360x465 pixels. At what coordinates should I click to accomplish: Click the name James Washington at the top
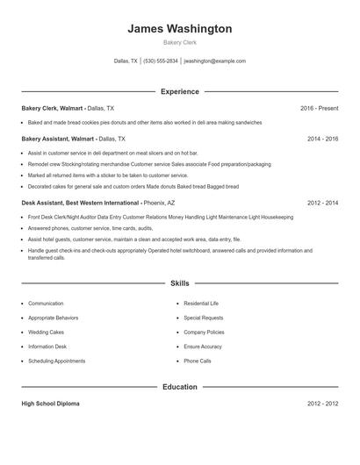coord(180,29)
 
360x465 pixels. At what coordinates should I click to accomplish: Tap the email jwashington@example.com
coord(214,61)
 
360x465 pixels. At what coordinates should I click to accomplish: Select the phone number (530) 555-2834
coord(160,61)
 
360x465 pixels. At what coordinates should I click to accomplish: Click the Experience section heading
coord(180,91)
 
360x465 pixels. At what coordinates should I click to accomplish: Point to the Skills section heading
coord(180,283)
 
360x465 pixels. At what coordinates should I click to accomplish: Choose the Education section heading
coord(180,386)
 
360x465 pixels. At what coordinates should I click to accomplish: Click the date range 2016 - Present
coord(319,108)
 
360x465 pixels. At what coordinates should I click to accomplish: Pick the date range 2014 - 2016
coord(323,139)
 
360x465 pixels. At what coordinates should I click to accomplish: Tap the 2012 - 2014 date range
coord(323,203)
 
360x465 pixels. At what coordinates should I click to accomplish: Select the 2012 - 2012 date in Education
coord(323,404)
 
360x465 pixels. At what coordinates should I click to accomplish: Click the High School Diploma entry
coord(51,404)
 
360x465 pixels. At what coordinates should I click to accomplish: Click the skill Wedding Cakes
coord(47,332)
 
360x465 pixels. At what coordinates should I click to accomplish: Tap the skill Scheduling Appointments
coord(56,361)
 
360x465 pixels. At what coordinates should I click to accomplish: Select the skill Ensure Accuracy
coord(203,347)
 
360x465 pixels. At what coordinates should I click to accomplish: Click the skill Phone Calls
coord(198,361)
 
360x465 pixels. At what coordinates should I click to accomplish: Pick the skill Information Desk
coord(48,347)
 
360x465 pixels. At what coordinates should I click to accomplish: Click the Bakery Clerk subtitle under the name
coord(180,43)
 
